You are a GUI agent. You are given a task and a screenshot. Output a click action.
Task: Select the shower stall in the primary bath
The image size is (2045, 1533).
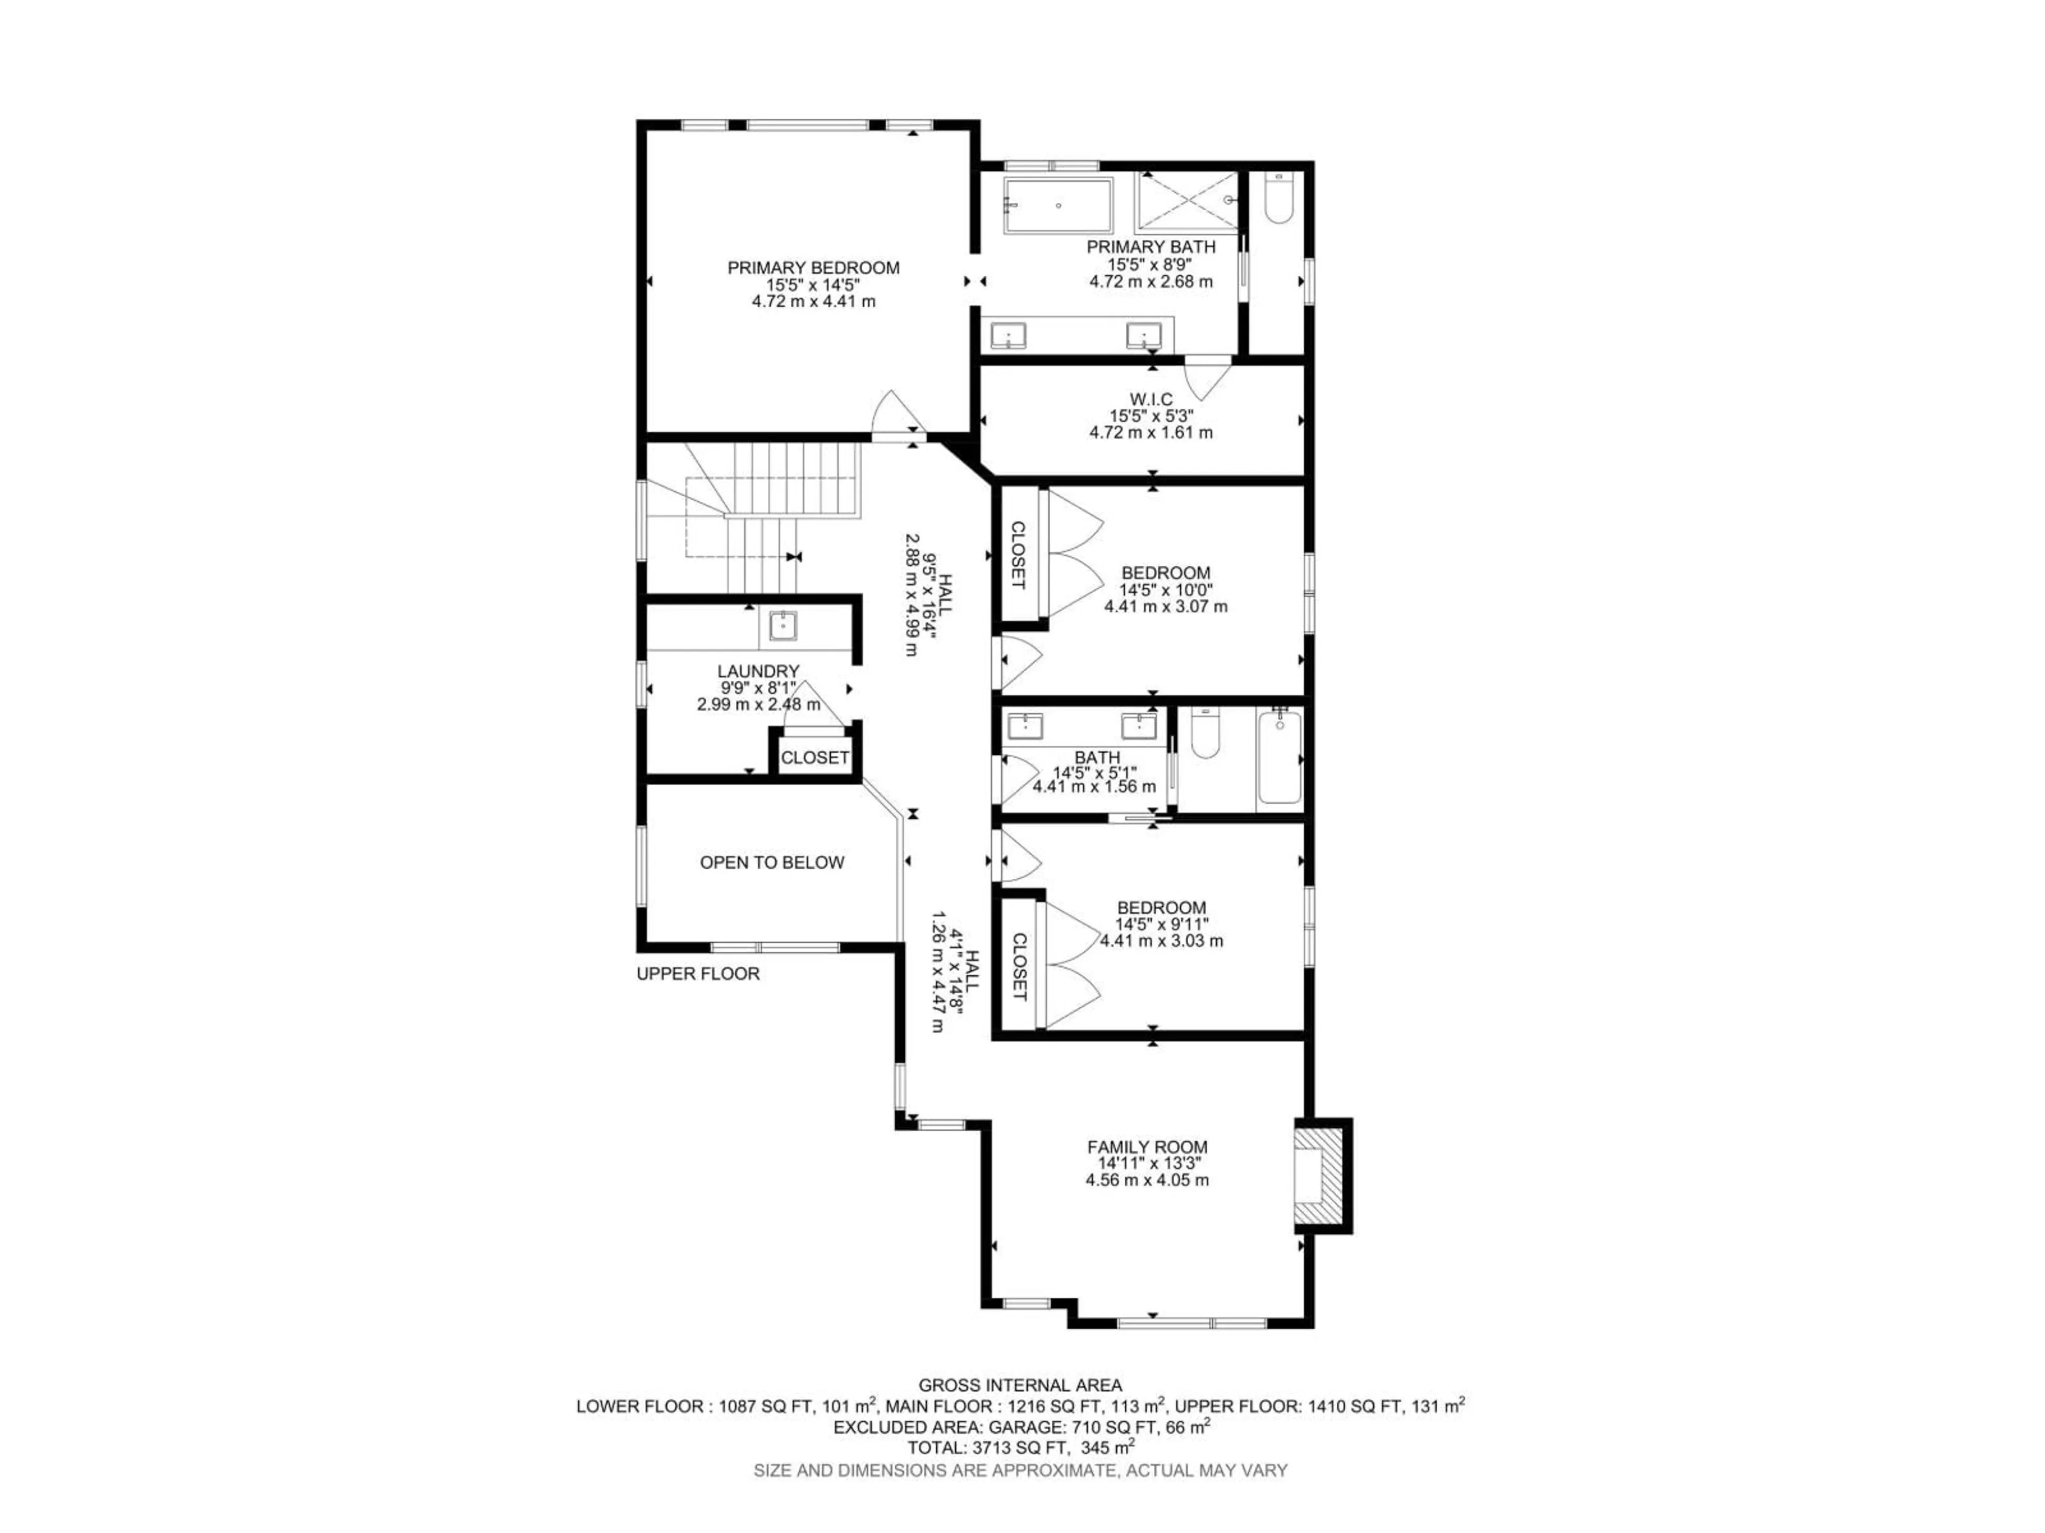click(x=1185, y=201)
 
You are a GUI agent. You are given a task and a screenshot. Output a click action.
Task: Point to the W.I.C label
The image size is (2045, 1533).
click(x=1150, y=399)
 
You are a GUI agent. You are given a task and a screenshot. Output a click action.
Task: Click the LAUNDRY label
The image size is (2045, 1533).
click(x=758, y=671)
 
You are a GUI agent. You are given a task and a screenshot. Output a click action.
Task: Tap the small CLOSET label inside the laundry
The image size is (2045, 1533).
click(x=814, y=758)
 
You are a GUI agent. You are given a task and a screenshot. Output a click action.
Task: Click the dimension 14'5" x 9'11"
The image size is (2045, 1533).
click(x=1161, y=924)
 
